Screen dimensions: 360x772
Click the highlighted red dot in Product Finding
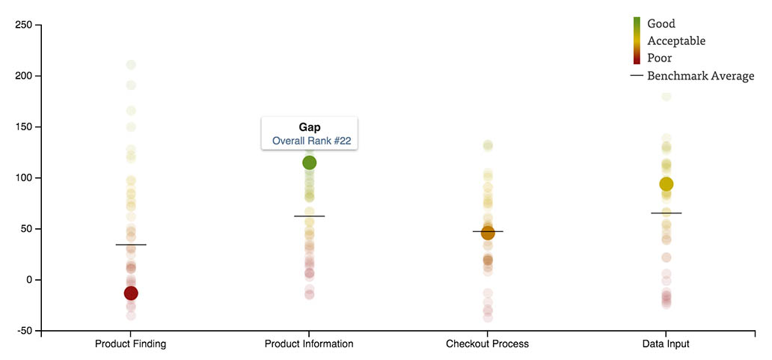click(x=131, y=293)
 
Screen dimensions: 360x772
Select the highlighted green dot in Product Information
click(x=309, y=162)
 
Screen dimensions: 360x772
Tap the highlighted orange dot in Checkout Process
click(x=488, y=234)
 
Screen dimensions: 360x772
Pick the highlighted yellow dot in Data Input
click(x=666, y=184)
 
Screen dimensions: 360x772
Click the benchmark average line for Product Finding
click(x=131, y=245)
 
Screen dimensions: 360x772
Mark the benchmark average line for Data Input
click(x=666, y=213)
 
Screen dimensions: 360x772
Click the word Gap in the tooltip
click(x=309, y=127)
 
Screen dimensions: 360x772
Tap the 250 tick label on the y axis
click(x=22, y=25)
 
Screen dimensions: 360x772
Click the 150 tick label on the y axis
click(x=22, y=126)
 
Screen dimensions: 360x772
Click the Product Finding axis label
click(x=131, y=344)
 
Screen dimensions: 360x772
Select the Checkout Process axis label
click(x=487, y=344)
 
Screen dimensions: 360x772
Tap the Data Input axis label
click(x=666, y=344)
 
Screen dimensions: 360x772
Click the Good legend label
click(x=661, y=24)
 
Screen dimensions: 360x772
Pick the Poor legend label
click(x=660, y=58)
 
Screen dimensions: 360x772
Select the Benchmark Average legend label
click(x=700, y=76)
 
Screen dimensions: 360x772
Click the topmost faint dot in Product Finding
click(x=131, y=65)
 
